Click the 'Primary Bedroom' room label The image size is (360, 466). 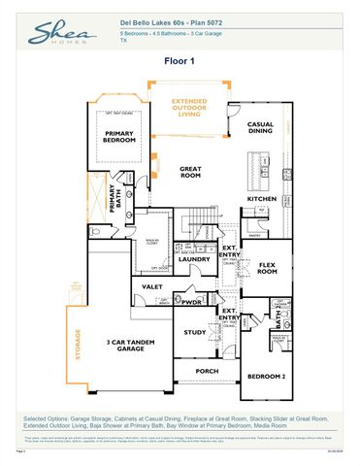(119, 137)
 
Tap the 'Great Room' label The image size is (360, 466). (190, 172)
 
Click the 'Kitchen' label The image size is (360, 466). (261, 199)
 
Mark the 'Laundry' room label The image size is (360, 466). (194, 259)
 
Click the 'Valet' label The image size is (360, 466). (151, 287)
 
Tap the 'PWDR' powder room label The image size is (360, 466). (190, 302)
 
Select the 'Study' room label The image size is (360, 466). (195, 332)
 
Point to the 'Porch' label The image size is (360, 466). (206, 370)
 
